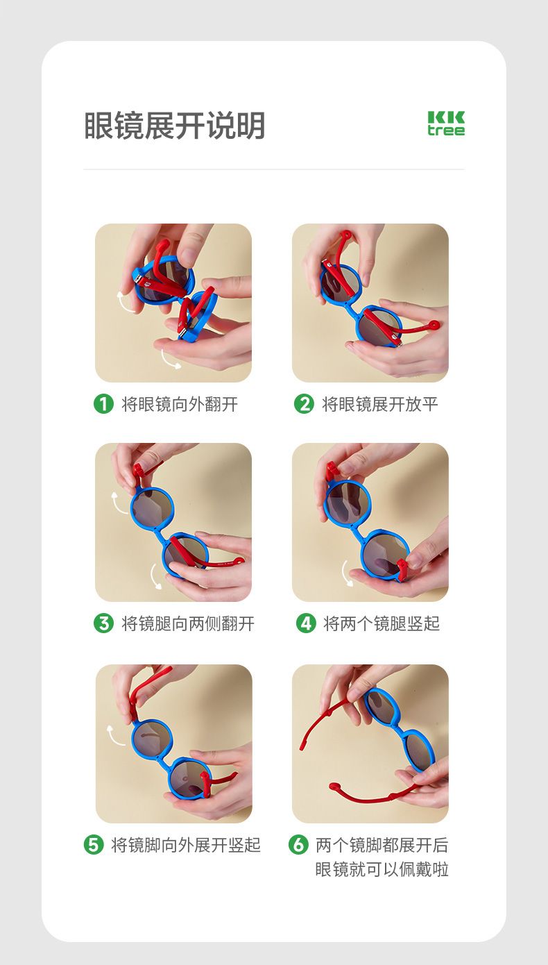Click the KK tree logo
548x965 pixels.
446,124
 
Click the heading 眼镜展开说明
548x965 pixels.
174,126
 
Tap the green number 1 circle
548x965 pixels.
103,403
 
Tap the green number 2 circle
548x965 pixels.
304,403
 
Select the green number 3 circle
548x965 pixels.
103,623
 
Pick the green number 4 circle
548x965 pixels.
306,623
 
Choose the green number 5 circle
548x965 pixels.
94,844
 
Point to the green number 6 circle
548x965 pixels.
298,844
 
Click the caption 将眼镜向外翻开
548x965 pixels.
180,404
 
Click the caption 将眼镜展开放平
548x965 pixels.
380,404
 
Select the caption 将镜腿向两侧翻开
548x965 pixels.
188,623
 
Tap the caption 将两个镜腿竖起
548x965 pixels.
382,623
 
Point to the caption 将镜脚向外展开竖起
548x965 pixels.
186,845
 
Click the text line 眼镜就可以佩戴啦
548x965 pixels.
382,869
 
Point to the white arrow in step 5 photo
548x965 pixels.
113,735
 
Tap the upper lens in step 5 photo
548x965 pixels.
151,741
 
